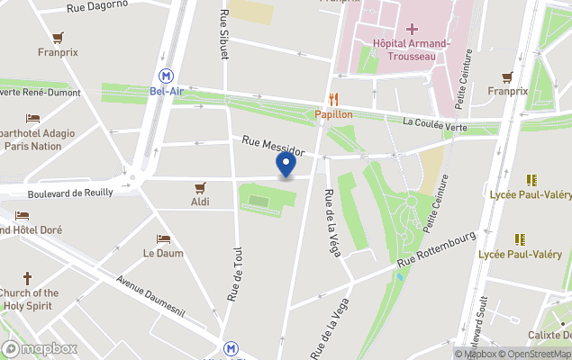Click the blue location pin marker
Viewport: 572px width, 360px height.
(286, 166)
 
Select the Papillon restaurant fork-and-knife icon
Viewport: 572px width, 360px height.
(333, 99)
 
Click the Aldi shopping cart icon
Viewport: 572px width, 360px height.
(200, 187)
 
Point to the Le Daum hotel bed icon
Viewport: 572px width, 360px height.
(163, 238)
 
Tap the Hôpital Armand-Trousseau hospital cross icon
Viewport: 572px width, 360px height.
(411, 29)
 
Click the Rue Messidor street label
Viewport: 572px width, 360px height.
(273, 143)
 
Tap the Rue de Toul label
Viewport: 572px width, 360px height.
(236, 274)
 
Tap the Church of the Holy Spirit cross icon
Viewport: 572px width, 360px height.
(28, 278)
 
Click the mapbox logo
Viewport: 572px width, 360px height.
(40, 348)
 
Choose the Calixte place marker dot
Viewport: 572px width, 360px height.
(561, 320)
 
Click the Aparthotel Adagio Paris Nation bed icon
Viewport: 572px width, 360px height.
(32, 118)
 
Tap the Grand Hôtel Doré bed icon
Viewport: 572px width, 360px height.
(22, 215)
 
